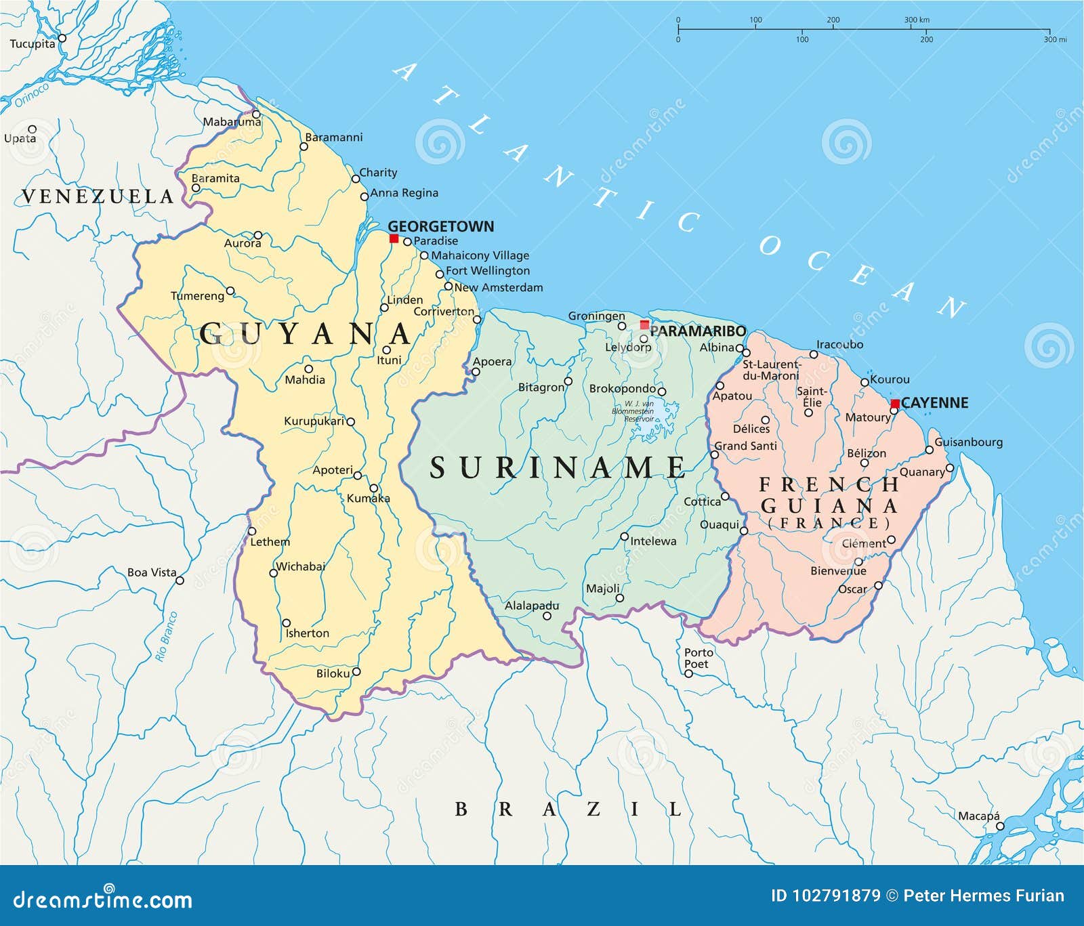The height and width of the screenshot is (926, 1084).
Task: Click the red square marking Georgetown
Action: tap(394, 238)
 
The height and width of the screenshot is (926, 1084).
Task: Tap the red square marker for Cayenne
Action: tap(894, 404)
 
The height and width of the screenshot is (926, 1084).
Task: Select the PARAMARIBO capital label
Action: tap(697, 331)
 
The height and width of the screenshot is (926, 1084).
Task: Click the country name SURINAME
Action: tap(557, 468)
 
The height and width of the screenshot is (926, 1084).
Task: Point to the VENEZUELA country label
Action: tap(98, 196)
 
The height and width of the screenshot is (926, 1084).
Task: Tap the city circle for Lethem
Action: tap(251, 531)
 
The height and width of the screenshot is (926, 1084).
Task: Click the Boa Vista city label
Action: tap(152, 572)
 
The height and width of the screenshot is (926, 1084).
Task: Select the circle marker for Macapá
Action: tap(1000, 826)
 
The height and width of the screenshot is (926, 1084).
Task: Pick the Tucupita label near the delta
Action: tap(33, 44)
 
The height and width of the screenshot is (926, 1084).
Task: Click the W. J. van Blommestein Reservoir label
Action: tap(633, 411)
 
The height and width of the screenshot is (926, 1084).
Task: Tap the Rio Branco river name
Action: tap(166, 636)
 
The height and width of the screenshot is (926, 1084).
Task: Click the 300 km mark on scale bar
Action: tap(917, 20)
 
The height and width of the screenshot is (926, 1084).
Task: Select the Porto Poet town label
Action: tap(699, 658)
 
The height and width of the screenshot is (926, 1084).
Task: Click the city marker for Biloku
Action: tap(356, 672)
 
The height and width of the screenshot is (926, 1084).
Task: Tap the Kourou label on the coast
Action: tap(890, 379)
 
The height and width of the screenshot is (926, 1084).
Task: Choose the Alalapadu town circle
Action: tap(547, 616)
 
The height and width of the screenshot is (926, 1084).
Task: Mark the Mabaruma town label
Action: tap(232, 122)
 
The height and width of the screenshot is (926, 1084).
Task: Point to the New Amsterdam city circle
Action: tap(448, 287)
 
